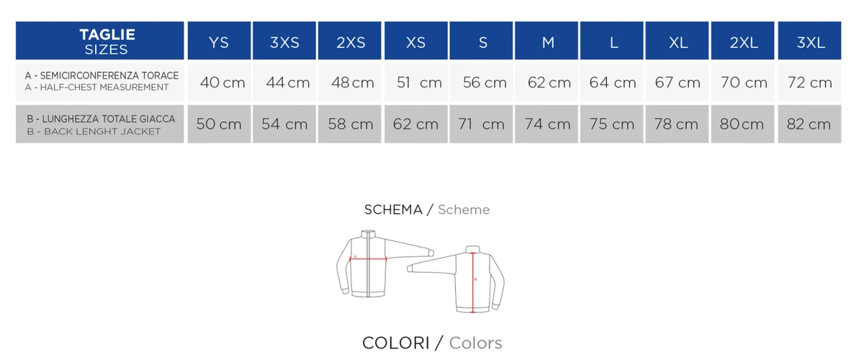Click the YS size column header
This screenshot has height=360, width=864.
219,40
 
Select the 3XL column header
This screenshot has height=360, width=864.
809,40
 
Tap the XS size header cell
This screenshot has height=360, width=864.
416,40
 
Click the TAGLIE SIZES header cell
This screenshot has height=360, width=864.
100,40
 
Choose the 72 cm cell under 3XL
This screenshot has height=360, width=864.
809,82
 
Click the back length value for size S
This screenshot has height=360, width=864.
481,124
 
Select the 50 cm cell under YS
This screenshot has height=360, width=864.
219,124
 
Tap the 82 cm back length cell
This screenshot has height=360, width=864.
809,124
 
